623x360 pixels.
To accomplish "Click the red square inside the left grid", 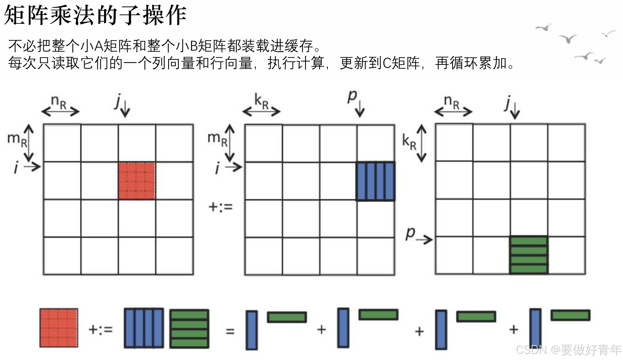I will tap(137, 181).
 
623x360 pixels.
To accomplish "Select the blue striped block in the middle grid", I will tap(376, 181).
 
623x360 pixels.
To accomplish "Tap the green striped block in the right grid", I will tap(529, 255).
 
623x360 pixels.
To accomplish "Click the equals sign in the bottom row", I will tap(230, 331).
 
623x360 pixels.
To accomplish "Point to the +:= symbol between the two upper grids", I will tap(221, 207).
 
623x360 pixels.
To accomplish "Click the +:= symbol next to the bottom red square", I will tap(101, 329).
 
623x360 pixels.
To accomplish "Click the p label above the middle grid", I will tap(352, 97).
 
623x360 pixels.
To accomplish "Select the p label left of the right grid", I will tap(410, 233).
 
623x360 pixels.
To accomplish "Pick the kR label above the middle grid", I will tap(261, 101).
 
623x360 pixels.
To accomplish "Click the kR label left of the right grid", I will tap(409, 142).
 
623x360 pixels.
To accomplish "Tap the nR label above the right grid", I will tap(452, 101).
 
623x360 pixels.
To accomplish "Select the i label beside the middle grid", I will tap(218, 168).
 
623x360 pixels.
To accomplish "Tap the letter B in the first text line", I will tap(194, 46).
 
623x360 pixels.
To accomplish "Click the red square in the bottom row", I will tap(59, 328).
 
